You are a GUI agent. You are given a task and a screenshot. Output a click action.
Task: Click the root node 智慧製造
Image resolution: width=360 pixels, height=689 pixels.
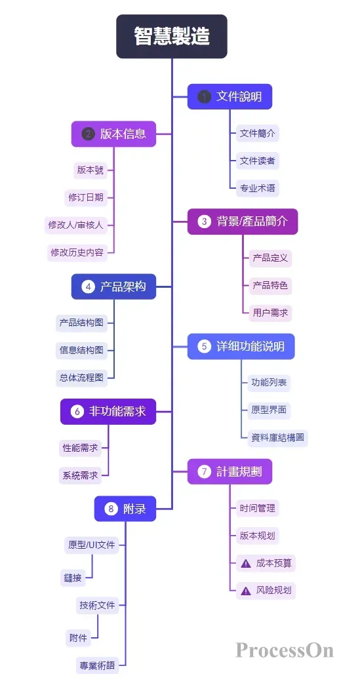tap(172, 37)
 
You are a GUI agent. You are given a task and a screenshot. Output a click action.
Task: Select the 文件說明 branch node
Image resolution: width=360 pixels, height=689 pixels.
tap(230, 96)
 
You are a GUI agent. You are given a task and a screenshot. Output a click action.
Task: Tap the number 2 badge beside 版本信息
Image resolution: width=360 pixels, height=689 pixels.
tap(88, 134)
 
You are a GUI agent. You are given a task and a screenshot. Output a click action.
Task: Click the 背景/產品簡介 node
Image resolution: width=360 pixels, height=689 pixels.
tap(243, 222)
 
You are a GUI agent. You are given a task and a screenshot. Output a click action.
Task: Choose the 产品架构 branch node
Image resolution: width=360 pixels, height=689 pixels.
tap(113, 286)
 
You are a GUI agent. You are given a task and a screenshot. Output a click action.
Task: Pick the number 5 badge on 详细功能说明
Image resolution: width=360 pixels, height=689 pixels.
tap(204, 346)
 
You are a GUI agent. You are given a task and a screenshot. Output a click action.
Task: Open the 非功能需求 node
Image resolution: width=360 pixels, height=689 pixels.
tap(108, 412)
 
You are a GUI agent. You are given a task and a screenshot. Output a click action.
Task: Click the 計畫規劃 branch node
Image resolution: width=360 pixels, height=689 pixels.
tap(230, 471)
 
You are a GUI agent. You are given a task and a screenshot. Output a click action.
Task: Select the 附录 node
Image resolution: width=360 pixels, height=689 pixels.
tap(125, 509)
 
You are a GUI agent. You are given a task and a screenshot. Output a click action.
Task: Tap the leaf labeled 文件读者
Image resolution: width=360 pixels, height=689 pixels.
tap(257, 161)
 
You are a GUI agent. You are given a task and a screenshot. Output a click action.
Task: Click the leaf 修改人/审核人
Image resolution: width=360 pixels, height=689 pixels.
tap(75, 224)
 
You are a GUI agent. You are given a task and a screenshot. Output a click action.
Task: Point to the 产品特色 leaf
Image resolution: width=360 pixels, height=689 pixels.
tap(270, 285)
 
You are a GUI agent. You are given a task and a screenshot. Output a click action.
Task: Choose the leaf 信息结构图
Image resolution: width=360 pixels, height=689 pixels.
tap(81, 350)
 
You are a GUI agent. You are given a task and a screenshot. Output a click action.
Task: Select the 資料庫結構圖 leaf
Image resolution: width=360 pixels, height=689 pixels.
tap(277, 438)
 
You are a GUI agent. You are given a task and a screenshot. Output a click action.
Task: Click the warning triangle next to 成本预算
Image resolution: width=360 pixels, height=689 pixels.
tap(246, 563)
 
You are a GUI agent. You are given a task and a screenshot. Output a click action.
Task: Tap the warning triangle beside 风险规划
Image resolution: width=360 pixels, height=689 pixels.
tap(246, 591)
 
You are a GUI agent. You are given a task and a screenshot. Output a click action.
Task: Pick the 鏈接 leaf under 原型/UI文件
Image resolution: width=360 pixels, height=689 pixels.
tap(73, 578)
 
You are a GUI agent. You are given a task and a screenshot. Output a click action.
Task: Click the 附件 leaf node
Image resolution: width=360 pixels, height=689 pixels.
tap(78, 637)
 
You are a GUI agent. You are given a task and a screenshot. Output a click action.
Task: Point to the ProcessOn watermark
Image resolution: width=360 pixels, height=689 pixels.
tap(285, 650)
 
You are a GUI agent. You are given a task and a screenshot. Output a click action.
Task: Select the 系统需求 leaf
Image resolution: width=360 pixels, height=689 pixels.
tap(80, 475)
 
